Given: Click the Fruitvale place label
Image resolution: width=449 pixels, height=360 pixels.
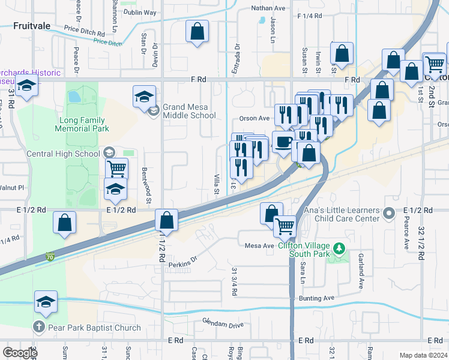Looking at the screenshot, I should (33, 26).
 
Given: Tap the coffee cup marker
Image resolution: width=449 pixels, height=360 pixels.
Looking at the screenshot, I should (283, 142).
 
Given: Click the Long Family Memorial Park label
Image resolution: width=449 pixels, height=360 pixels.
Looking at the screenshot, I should (82, 124).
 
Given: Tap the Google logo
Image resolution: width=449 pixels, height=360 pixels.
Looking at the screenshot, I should (19, 353).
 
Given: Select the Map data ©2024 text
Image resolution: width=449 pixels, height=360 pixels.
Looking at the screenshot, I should (424, 355).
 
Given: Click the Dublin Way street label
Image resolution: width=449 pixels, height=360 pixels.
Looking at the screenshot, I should (140, 12).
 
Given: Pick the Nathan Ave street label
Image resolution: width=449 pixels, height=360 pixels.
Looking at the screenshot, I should (268, 8).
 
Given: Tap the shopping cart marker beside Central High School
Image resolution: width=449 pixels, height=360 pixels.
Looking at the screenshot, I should (116, 169).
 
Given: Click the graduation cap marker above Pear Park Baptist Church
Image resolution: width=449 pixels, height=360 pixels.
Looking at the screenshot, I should (46, 302).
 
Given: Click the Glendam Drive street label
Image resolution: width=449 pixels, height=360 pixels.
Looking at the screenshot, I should (223, 325).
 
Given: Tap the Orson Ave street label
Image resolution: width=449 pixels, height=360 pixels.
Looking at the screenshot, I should (255, 118).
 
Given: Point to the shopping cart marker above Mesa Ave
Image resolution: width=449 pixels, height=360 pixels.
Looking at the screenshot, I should (285, 226).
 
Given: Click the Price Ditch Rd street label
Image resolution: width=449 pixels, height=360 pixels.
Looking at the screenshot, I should (85, 35).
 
